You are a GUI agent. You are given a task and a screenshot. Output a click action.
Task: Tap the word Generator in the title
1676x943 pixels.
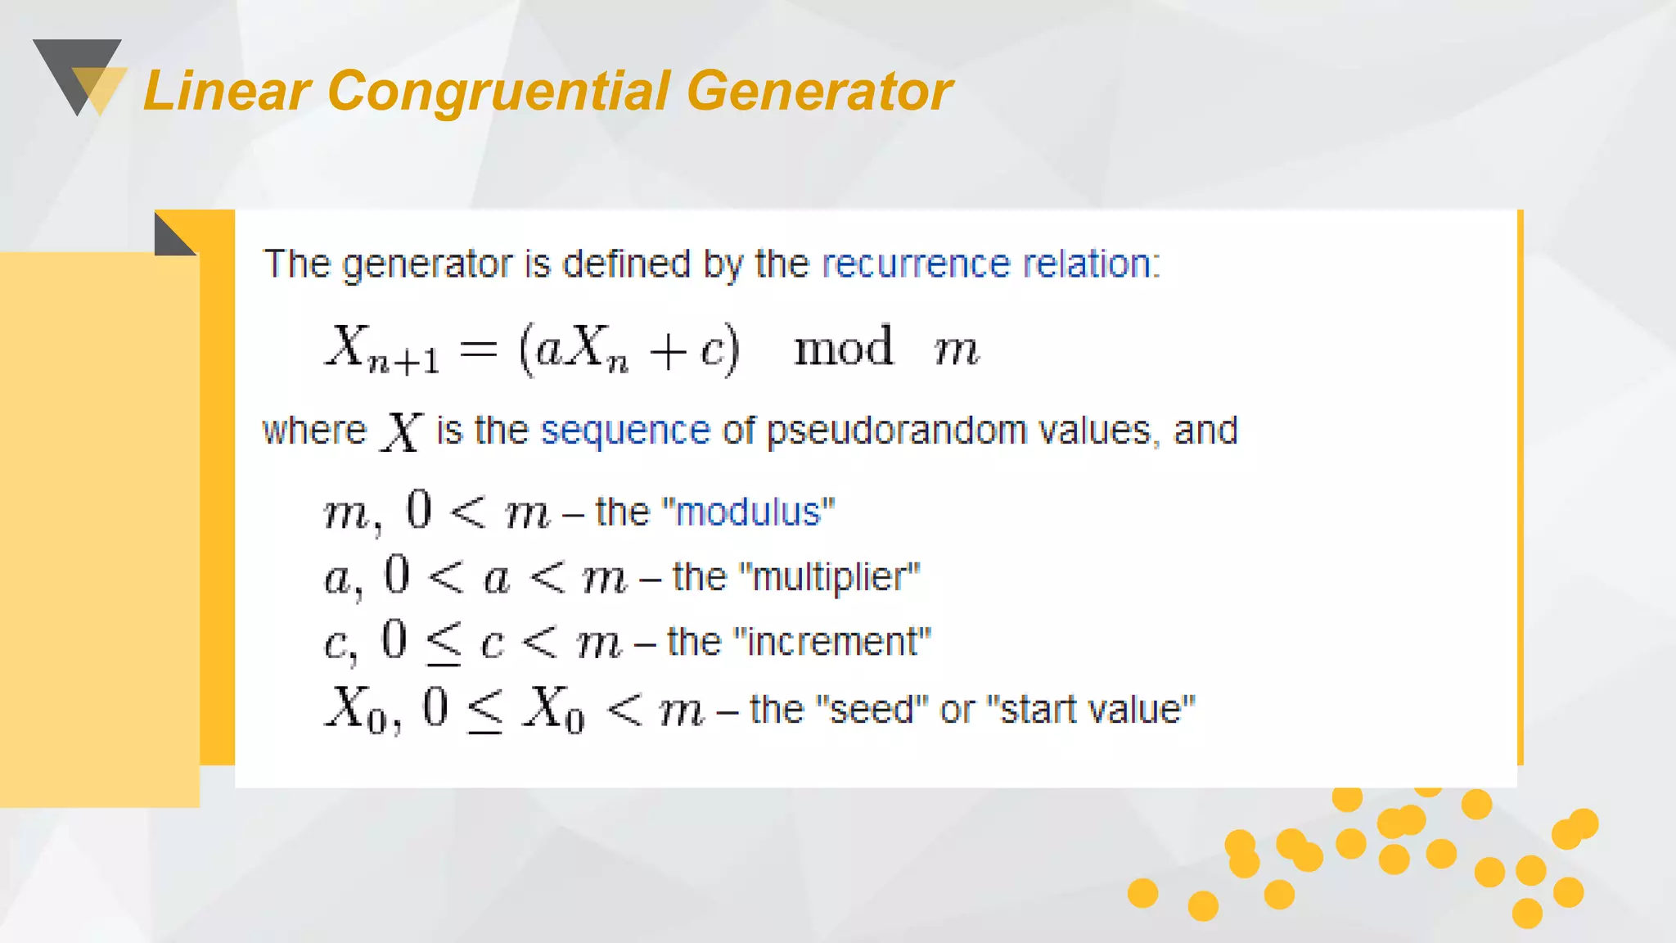coord(819,91)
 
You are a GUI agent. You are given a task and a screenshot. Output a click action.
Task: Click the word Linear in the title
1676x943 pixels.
coord(227,91)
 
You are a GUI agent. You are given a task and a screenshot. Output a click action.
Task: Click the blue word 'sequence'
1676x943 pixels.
coord(625,431)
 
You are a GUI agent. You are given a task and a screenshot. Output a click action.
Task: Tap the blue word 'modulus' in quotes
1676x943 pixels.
coord(748,512)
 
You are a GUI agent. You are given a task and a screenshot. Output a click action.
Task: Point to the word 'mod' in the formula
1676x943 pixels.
coord(843,347)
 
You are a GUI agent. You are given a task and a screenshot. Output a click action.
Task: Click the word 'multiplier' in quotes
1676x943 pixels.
coord(829,577)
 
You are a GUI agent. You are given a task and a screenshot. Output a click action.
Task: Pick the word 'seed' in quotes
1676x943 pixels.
coord(872,710)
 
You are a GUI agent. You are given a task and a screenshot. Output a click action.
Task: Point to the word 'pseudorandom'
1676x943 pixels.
coord(896,431)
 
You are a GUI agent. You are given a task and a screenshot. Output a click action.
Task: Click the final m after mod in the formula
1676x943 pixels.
coord(956,351)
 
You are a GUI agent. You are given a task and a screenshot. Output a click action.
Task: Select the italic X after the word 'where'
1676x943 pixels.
coord(401,431)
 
